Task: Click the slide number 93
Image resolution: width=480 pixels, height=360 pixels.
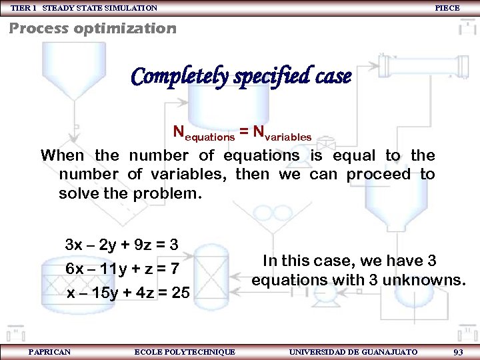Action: [x=457, y=351]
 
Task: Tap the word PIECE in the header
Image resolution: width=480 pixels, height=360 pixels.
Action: [x=447, y=8]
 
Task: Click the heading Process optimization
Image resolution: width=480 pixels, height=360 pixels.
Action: [x=93, y=29]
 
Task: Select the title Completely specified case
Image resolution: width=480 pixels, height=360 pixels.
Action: [x=241, y=77]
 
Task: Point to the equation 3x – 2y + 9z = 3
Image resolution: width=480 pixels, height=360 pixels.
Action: [x=121, y=244]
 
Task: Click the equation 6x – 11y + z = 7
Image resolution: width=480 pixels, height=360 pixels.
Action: [x=122, y=268]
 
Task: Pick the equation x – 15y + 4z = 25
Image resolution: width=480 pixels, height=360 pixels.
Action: [x=127, y=293]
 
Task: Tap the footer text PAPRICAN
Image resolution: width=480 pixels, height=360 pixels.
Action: [x=49, y=351]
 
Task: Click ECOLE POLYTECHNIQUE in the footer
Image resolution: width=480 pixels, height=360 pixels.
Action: [x=185, y=351]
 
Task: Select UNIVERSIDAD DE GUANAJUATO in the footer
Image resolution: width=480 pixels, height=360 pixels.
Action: [x=353, y=351]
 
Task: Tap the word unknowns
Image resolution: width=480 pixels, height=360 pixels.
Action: [x=429, y=280]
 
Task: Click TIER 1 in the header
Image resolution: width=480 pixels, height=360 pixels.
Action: [x=24, y=8]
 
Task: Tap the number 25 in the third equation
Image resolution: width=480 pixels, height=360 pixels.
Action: [x=180, y=293]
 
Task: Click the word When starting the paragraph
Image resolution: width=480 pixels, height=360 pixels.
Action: [x=62, y=155]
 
